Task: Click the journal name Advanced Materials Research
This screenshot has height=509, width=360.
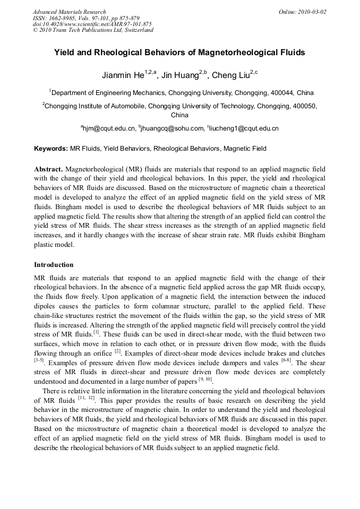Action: (69, 12)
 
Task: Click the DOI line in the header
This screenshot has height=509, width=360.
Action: (92, 24)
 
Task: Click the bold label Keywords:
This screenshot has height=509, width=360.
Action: (51, 149)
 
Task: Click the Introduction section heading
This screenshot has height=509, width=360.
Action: (54, 264)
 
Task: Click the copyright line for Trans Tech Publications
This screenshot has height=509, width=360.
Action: (93, 30)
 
